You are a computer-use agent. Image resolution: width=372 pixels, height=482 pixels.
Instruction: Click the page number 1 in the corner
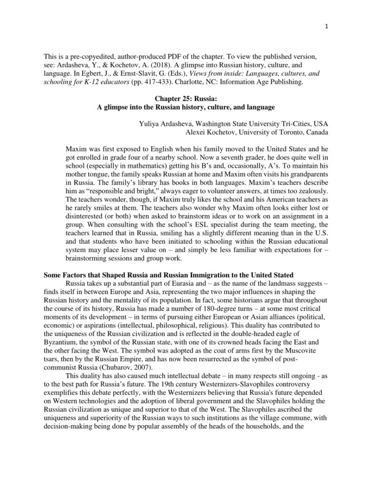(x=326, y=26)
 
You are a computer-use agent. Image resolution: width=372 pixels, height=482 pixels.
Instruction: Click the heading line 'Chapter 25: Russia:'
(x=186, y=99)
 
